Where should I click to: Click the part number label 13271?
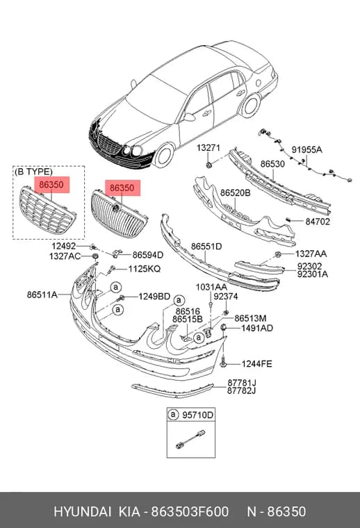pos(208,147)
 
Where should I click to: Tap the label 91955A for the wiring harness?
pos(306,149)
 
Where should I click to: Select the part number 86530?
pos(272,164)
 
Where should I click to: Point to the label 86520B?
pos(236,193)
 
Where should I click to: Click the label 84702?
pos(318,222)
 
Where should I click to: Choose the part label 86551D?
pos(206,247)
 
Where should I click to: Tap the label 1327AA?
pos(311,254)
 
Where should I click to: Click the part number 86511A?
pos(42,295)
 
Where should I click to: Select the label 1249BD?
pos(154,297)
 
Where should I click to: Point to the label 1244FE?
pos(256,364)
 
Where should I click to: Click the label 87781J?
pos(241,383)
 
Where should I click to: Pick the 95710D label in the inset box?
pos(197,415)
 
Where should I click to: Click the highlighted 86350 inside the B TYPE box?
pos(51,185)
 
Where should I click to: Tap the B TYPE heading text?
pos(33,172)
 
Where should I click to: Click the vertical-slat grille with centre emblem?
pos(120,214)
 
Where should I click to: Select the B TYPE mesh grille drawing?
pos(47,211)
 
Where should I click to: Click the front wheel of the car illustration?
pos(165,155)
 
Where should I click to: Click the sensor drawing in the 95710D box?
pos(190,439)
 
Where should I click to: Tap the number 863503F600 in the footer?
pos(190,511)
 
